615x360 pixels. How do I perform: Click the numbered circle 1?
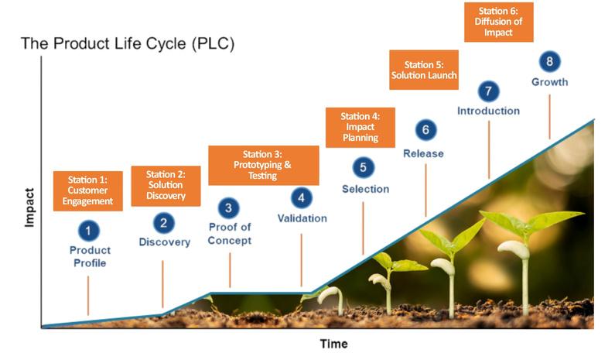tap(89, 230)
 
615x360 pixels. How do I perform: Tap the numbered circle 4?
tap(302, 197)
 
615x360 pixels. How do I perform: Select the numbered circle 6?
tap(424, 129)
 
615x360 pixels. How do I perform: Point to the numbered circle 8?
tap(549, 62)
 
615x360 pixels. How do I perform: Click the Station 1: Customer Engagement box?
tap(89, 190)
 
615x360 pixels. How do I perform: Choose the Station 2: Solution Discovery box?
tap(166, 186)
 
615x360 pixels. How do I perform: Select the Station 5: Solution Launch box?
tap(423, 70)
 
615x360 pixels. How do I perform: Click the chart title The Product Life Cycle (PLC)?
tap(128, 44)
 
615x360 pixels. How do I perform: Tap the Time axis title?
tap(334, 344)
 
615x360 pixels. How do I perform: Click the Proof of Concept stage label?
tap(230, 234)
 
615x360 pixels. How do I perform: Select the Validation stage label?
tap(302, 218)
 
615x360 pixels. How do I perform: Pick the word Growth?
tap(549, 82)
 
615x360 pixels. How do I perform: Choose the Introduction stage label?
tap(488, 111)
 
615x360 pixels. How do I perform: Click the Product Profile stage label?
tap(90, 256)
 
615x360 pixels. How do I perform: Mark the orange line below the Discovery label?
tap(162, 283)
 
